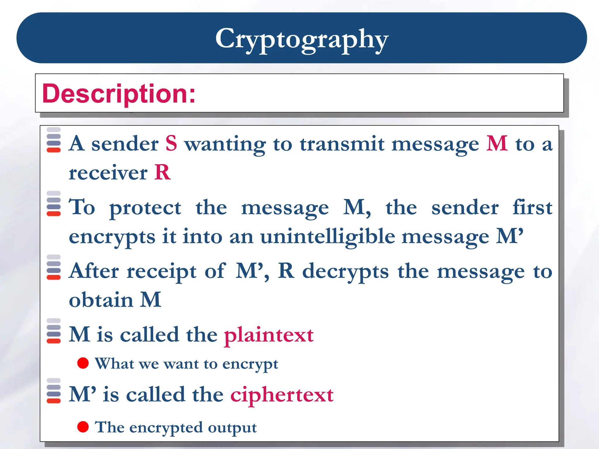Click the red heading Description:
pyautogui.click(x=119, y=94)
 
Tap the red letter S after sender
pyautogui.click(x=171, y=144)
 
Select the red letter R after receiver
pyautogui.click(x=162, y=172)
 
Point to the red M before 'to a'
pyautogui.click(x=497, y=144)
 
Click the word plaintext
pyautogui.click(x=269, y=335)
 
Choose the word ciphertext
pyautogui.click(x=282, y=395)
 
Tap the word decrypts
pyautogui.click(x=345, y=272)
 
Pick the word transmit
pyautogui.click(x=342, y=144)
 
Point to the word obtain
pyautogui.click(x=101, y=300)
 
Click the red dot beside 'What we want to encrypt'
pyautogui.click(x=83, y=363)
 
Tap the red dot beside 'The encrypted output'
pyautogui.click(x=83, y=427)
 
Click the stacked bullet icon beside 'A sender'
pyautogui.click(x=54, y=140)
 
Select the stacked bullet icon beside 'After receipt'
pyautogui.click(x=54, y=267)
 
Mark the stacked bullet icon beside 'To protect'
pyautogui.click(x=54, y=204)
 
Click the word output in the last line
pyautogui.click(x=232, y=428)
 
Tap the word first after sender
pyautogui.click(x=532, y=208)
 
